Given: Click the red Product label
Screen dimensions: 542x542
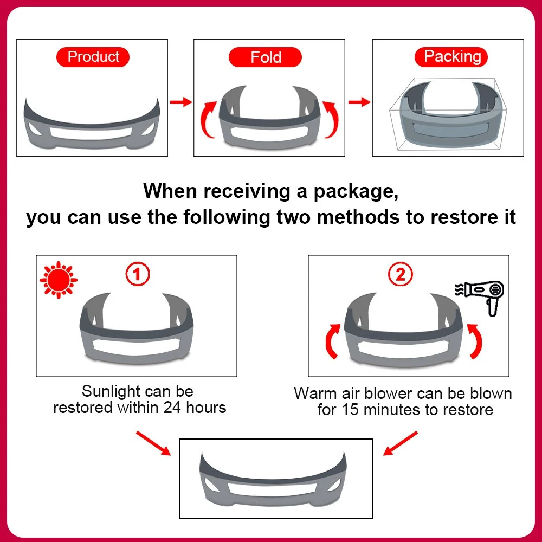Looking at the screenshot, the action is coord(93,57).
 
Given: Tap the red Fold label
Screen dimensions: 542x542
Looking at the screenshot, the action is coord(265,57).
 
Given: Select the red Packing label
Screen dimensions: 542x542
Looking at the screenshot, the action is coord(451,57).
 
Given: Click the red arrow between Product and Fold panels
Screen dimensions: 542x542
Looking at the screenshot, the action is coord(181,102).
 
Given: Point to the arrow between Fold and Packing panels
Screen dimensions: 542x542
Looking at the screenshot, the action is coord(359,102).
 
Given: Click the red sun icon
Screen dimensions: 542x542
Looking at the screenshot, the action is coord(59,280).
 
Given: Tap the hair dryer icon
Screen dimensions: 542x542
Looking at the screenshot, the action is coord(480,297).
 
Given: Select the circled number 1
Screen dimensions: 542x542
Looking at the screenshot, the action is coord(137,274).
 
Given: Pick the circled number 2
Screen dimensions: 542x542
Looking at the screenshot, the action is coord(401,274).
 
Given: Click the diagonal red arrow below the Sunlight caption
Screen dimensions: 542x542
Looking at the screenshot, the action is coord(153,443).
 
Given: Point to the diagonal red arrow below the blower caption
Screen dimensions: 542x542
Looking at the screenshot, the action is coord(401,443).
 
